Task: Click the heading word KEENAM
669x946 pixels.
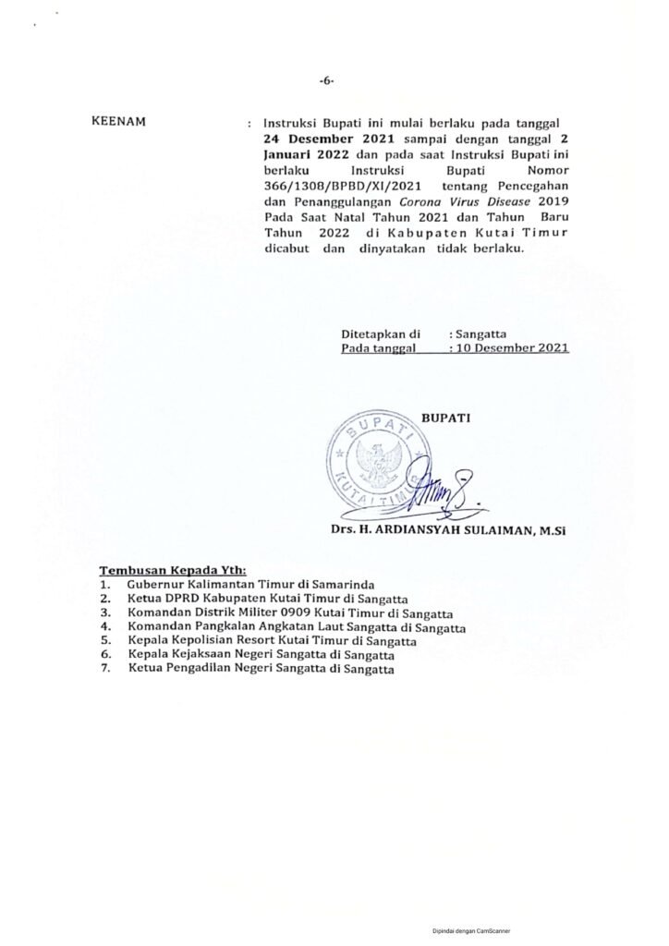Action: pos(122,121)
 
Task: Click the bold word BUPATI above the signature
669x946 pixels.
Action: pos(446,418)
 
